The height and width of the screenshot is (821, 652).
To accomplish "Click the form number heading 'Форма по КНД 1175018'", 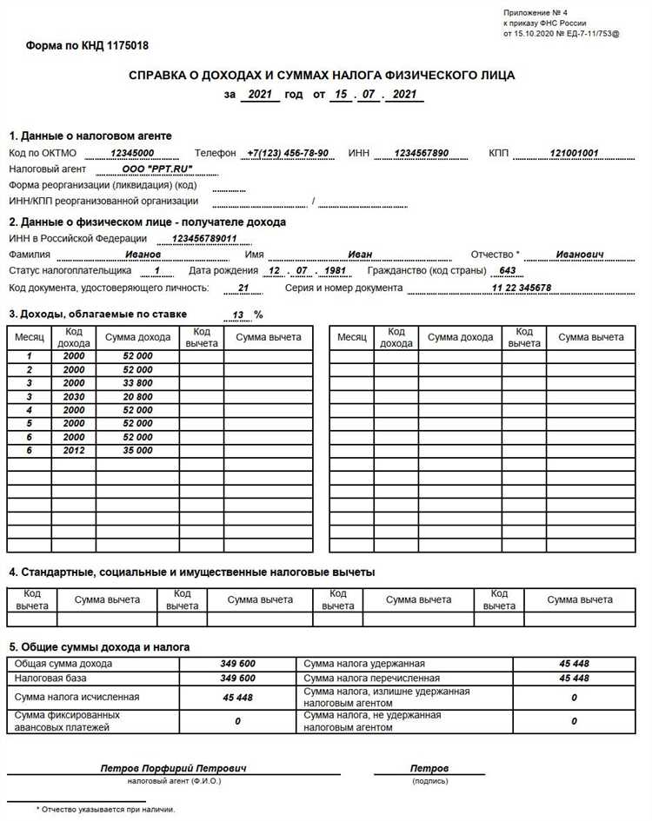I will [87, 44].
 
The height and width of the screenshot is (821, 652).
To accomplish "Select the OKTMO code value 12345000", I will [132, 153].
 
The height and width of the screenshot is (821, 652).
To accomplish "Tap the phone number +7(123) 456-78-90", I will [287, 153].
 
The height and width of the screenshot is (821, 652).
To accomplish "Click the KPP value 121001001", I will [574, 153].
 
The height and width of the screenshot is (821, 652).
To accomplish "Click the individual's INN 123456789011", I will [204, 238].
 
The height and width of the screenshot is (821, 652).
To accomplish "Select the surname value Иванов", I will [143, 255].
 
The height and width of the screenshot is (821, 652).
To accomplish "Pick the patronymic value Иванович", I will [581, 255].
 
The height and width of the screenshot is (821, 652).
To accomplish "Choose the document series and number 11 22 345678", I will [521, 288].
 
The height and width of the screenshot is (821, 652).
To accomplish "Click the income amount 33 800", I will [137, 382].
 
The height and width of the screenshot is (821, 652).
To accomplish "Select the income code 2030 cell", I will [74, 396].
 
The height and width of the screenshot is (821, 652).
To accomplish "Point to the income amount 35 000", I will [137, 451].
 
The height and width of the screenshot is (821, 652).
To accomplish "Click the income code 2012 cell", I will [74, 451].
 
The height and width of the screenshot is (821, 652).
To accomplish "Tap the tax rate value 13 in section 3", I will [237, 314].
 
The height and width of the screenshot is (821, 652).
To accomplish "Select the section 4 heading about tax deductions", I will [191, 573].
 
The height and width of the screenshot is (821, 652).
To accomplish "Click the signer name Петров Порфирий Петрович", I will [174, 769].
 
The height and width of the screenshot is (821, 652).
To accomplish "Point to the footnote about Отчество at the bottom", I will [105, 809].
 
